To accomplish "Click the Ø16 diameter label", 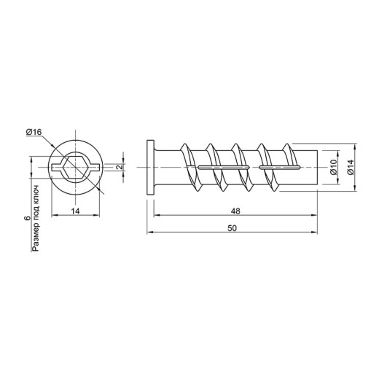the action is pyautogui.click(x=34, y=132).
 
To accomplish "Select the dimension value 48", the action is pyautogui.click(x=235, y=211).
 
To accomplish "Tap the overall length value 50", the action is pyautogui.click(x=232, y=228).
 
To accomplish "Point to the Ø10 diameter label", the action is pyautogui.click(x=334, y=167).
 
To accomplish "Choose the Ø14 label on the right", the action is pyautogui.click(x=351, y=167).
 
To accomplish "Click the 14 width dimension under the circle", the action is pyautogui.click(x=75, y=211).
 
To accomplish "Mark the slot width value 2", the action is pyautogui.click(x=120, y=167).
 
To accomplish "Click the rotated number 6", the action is pyautogui.click(x=28, y=218).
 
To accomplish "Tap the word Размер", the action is pyautogui.click(x=36, y=240).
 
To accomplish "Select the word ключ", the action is pyautogui.click(x=36, y=194).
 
